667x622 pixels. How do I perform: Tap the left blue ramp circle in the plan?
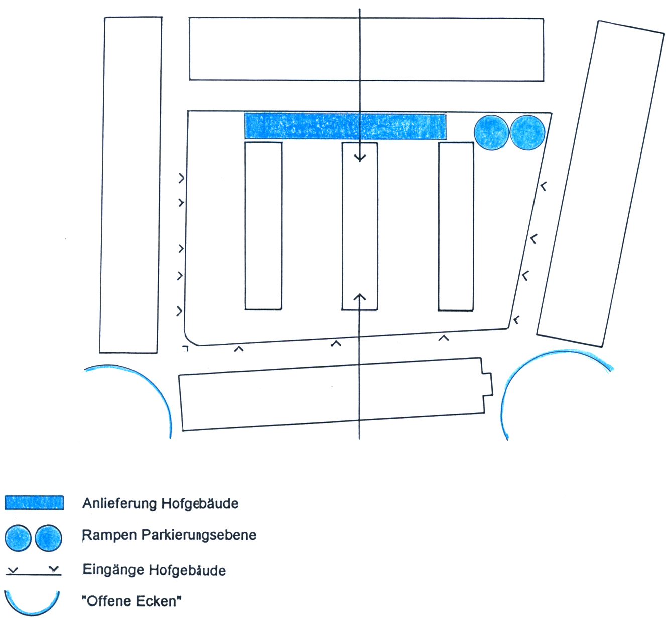[x=491, y=132]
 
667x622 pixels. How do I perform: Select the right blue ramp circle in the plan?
[x=527, y=132]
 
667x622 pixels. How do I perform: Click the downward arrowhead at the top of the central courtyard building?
[x=360, y=158]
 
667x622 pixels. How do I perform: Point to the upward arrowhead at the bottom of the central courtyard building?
[x=360, y=298]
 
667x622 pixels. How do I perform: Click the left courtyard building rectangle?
[x=263, y=226]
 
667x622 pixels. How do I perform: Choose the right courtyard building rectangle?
[x=456, y=226]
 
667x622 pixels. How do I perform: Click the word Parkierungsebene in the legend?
[x=199, y=535]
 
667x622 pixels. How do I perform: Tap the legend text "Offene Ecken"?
[x=131, y=601]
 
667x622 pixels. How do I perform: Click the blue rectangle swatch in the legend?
[x=34, y=502]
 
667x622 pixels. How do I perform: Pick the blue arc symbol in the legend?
[x=32, y=607]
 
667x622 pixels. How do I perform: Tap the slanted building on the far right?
[x=600, y=184]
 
